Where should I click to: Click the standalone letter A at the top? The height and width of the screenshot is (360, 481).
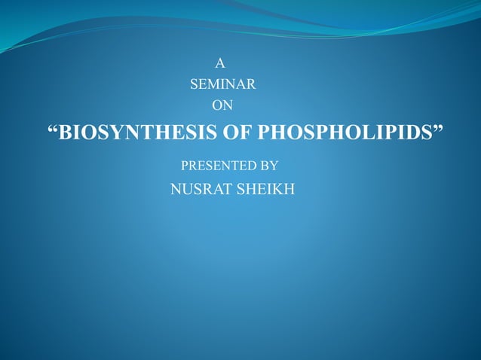coord(221,64)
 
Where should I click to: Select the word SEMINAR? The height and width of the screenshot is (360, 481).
coord(223,84)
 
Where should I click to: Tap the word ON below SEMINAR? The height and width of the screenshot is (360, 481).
coord(222,105)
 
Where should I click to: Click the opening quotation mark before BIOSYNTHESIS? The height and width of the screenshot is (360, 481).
coord(53,130)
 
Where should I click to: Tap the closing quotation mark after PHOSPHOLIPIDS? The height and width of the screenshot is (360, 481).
coord(438,130)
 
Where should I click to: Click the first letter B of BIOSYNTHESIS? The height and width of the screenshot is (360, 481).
coord(66,133)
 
